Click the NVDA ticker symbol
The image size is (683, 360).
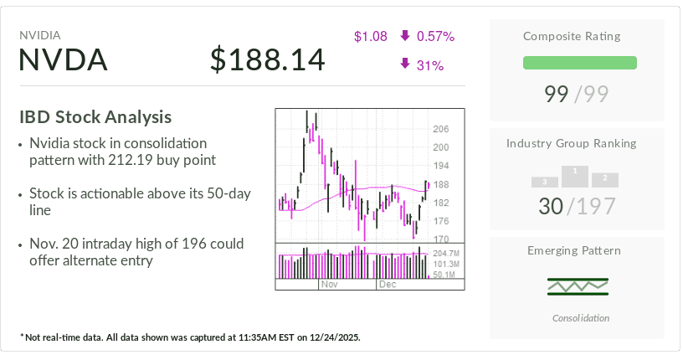(64, 59)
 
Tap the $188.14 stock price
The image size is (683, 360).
(267, 59)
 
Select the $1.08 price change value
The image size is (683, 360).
(370, 36)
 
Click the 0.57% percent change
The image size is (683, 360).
(434, 36)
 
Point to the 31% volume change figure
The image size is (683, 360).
(429, 64)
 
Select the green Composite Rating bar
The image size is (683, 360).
(579, 63)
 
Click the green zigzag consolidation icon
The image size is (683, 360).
(578, 286)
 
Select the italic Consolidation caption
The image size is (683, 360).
(581, 318)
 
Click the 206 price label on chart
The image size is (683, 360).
(440, 129)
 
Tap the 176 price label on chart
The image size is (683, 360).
(440, 221)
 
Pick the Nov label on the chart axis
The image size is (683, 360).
(329, 285)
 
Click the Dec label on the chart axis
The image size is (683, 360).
(387, 285)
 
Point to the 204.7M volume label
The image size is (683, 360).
(445, 253)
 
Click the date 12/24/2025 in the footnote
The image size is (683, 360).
(331, 337)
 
